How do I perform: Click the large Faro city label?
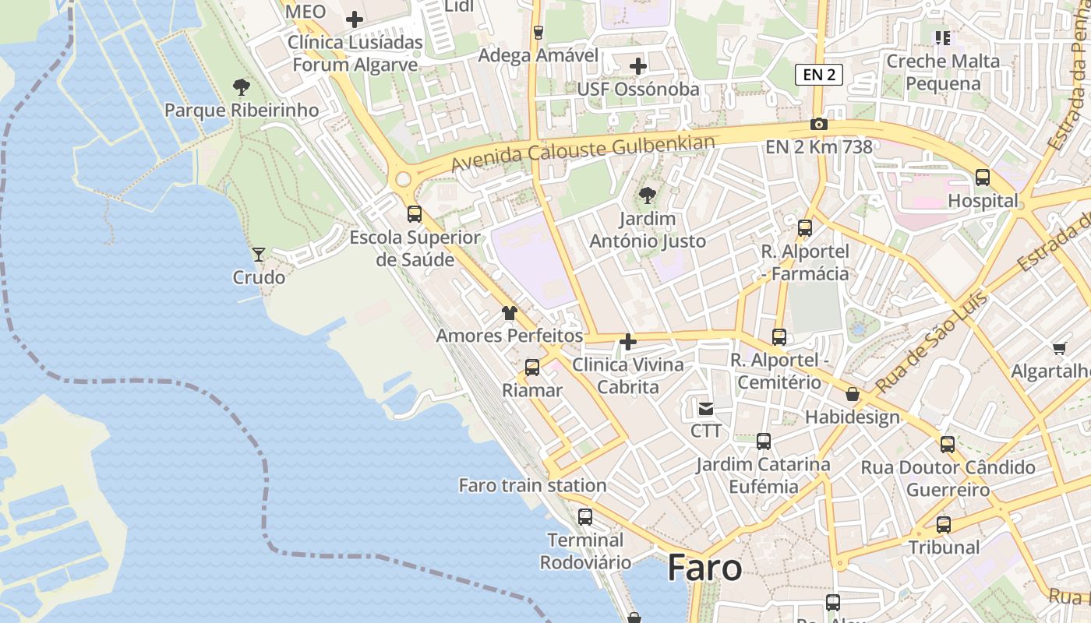[704, 568]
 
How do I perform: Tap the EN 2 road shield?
[819, 75]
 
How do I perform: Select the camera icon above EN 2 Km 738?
[818, 124]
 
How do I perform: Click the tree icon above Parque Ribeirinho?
[242, 87]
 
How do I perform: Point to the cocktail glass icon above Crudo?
[259, 254]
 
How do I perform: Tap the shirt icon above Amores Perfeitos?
[510, 313]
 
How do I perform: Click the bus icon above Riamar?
[532, 368]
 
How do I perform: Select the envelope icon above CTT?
[706, 408]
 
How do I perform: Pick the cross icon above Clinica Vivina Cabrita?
[628, 342]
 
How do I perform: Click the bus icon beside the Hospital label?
[983, 178]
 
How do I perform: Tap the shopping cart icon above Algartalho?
[1059, 348]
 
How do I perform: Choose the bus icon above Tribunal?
[944, 525]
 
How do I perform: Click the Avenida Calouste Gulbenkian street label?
[583, 153]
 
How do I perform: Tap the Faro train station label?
[532, 485]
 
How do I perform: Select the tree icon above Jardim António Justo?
[647, 195]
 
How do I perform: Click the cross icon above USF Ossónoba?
[638, 66]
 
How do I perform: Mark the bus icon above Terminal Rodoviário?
[585, 517]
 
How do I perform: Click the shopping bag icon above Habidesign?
[853, 394]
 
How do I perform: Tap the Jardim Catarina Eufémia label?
[763, 475]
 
